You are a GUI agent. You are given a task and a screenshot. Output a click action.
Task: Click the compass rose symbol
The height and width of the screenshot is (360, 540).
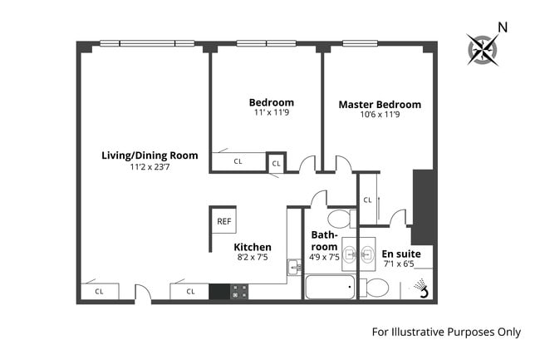click(x=481, y=49)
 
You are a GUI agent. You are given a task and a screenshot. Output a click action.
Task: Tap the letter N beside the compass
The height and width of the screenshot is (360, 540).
click(x=501, y=27)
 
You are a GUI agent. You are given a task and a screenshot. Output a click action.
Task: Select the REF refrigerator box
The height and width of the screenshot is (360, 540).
click(x=223, y=221)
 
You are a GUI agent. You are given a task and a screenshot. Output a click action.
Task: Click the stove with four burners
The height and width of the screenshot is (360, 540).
click(x=239, y=292)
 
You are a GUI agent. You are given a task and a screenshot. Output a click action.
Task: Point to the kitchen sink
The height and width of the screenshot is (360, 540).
click(x=293, y=267)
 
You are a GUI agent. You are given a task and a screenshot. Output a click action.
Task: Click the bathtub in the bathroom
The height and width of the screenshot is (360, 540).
click(x=329, y=288)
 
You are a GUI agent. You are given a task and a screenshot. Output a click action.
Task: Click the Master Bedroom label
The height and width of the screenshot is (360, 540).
click(x=380, y=105)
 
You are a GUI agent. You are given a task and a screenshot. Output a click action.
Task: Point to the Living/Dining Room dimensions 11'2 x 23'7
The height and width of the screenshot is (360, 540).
click(x=150, y=167)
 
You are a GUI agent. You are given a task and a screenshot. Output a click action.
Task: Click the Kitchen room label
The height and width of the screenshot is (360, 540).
click(x=252, y=247)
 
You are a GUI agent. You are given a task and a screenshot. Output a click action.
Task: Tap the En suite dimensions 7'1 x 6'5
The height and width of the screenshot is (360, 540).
click(x=401, y=264)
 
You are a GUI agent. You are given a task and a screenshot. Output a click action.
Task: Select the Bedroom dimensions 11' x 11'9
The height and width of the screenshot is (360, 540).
click(x=272, y=114)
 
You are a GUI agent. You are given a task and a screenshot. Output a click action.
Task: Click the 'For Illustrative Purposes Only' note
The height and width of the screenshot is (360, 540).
click(x=445, y=332)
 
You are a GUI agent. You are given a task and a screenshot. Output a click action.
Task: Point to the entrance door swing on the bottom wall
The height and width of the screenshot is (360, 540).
click(x=143, y=293)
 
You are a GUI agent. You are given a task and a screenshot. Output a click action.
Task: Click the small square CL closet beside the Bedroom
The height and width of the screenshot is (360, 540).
click(x=276, y=164)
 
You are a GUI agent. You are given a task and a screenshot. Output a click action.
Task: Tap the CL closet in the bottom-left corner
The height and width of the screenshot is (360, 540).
click(x=99, y=292)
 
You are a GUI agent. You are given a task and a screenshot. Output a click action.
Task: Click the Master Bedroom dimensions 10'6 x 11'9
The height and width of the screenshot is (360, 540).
click(x=380, y=116)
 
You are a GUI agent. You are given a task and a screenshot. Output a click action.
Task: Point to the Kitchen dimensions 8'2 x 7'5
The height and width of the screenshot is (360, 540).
click(x=252, y=258)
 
